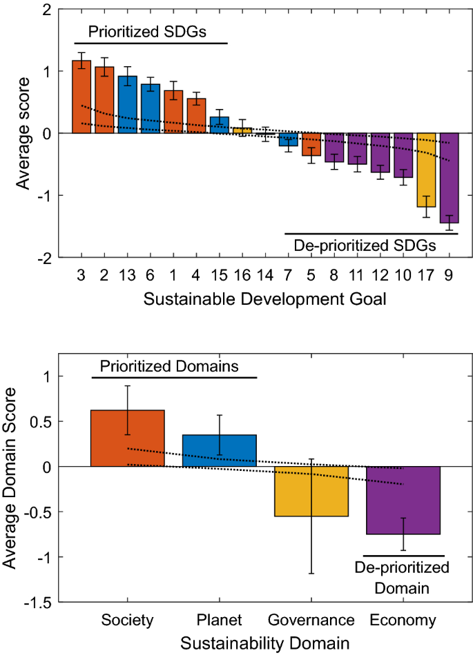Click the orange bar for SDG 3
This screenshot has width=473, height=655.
[x=81, y=97]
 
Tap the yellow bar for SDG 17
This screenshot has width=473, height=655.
[x=426, y=170]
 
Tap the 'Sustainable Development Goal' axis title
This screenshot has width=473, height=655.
[x=265, y=300]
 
